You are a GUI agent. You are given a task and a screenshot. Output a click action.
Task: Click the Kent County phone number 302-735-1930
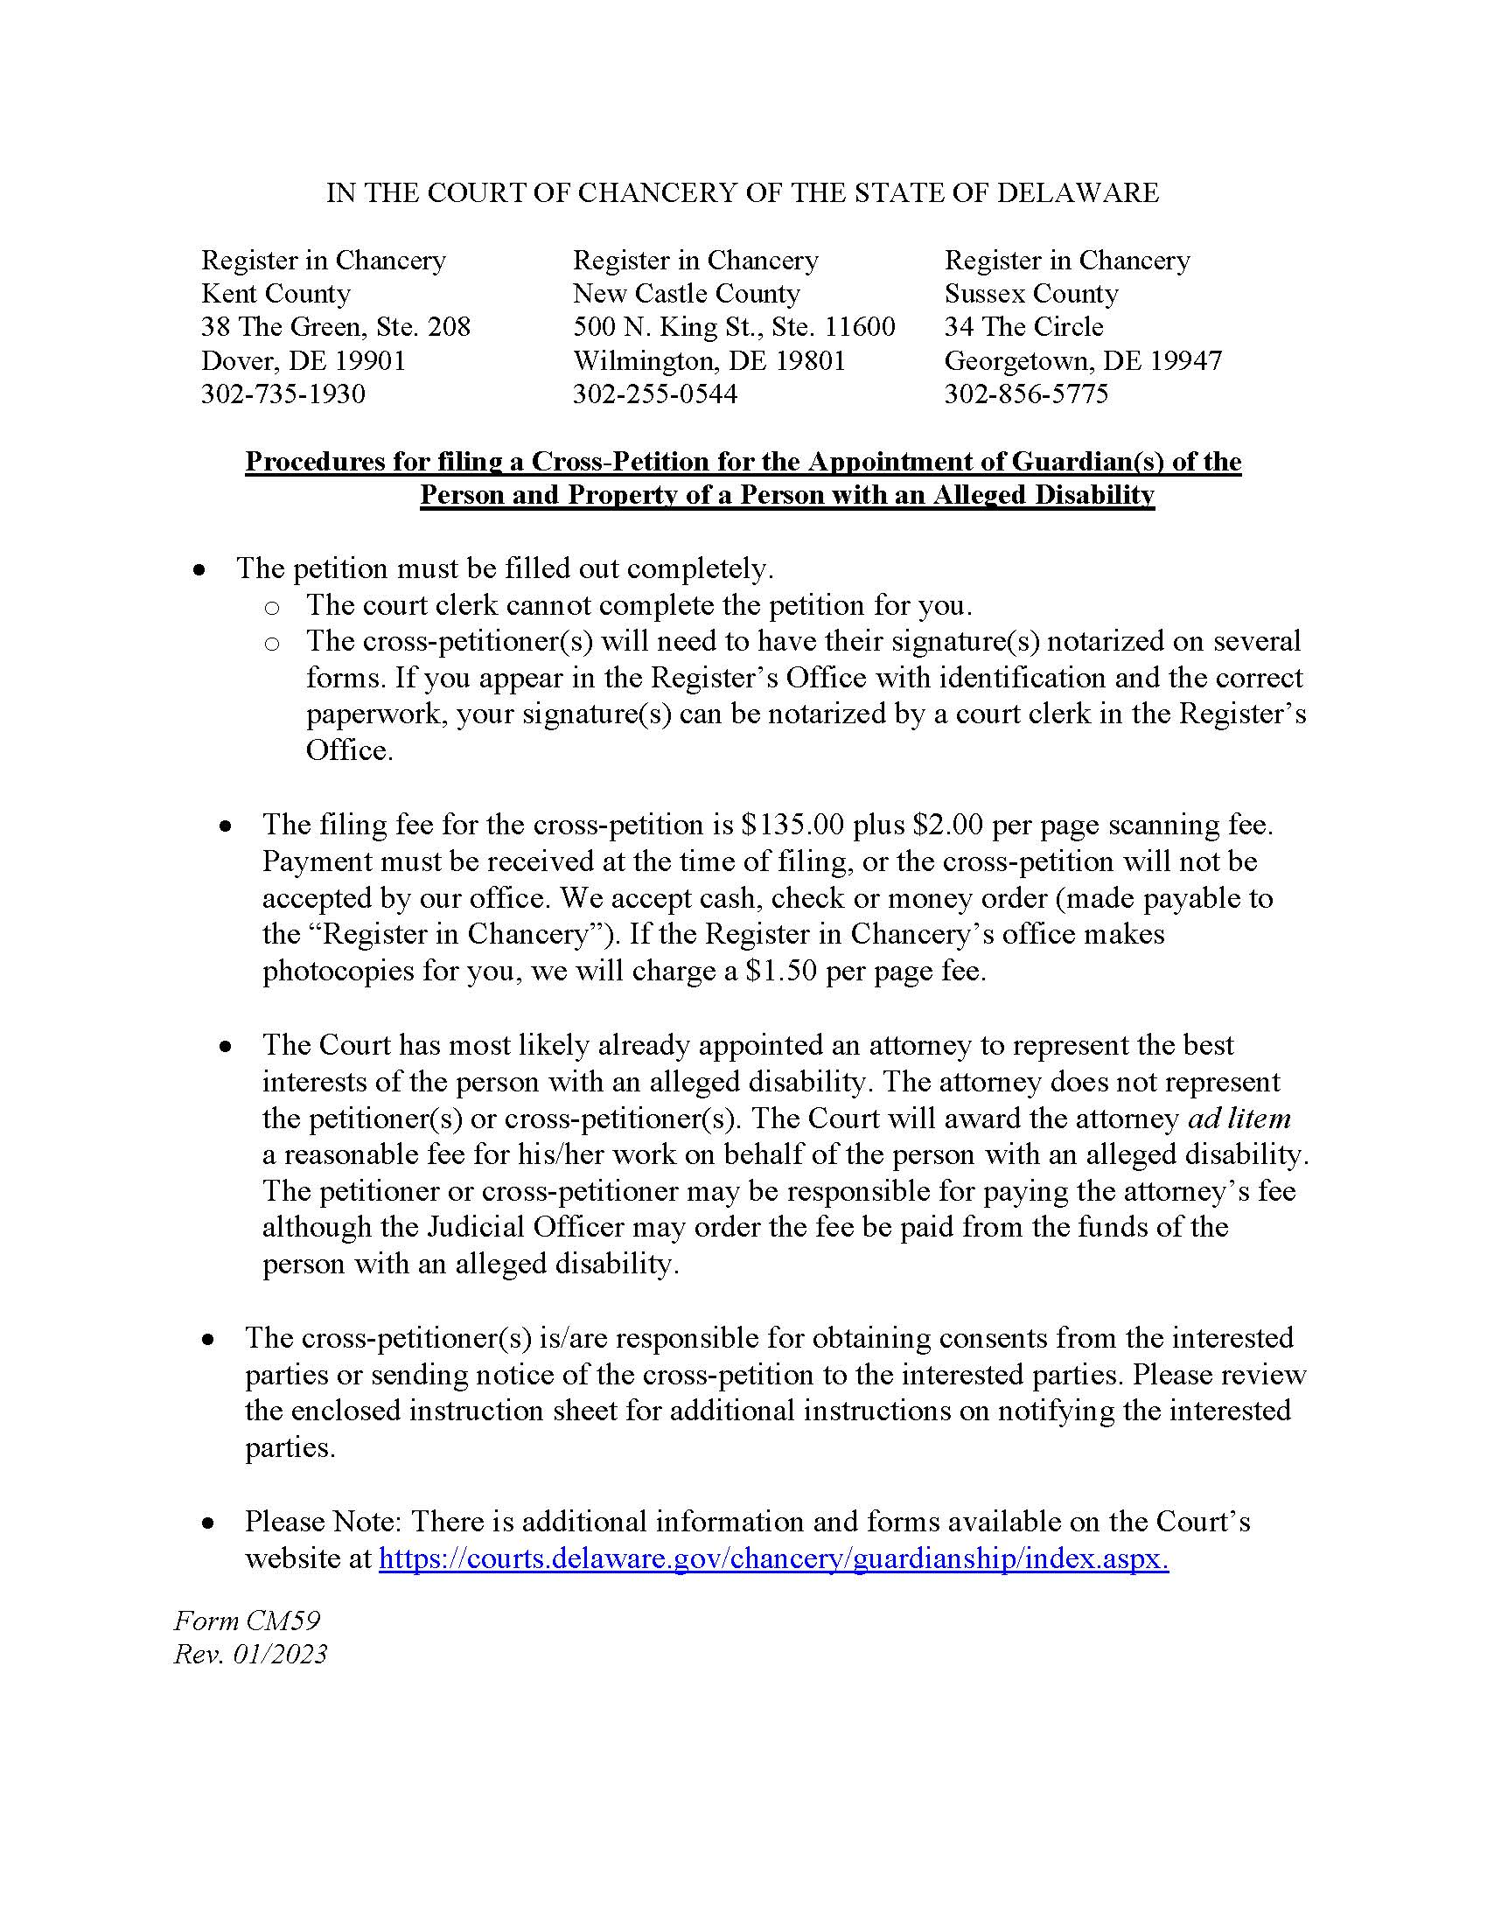tap(283, 394)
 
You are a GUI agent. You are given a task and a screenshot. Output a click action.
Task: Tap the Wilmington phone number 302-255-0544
tap(654, 394)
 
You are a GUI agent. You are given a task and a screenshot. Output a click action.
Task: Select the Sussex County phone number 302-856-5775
tap(1026, 394)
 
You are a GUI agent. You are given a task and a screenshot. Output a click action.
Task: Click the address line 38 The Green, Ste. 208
tap(336, 327)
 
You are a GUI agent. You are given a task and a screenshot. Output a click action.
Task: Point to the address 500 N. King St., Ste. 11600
tap(734, 327)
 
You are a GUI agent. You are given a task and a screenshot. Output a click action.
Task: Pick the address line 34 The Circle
tap(1023, 327)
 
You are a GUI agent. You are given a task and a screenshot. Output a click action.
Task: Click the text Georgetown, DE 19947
tap(1083, 360)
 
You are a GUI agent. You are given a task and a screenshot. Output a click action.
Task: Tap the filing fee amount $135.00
tap(792, 825)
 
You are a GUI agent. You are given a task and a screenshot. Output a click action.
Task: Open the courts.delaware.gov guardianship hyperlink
tap(773, 1559)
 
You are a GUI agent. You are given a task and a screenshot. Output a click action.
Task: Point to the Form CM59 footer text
tap(247, 1621)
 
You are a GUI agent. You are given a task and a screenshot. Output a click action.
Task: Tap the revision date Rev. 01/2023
tap(250, 1655)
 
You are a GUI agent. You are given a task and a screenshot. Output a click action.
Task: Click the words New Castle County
tap(687, 293)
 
